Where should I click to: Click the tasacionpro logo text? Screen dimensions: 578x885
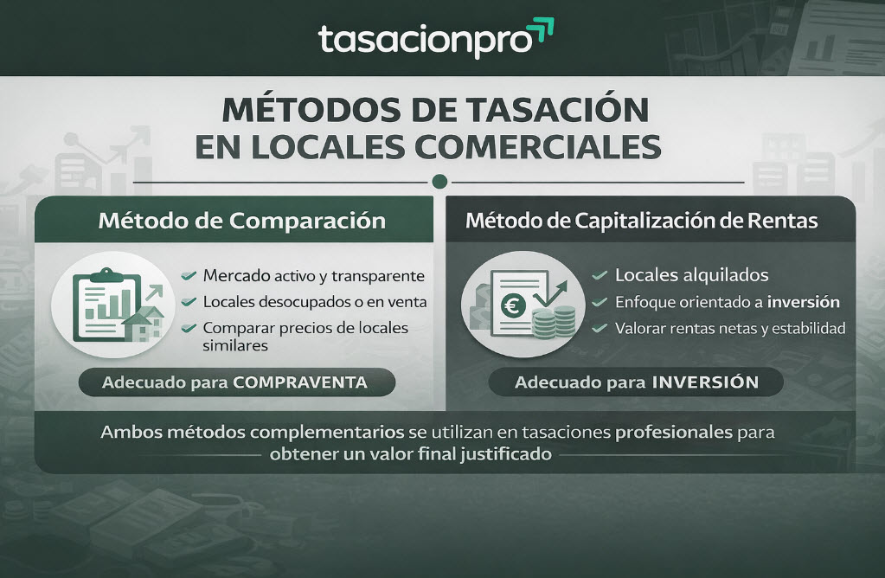(424, 41)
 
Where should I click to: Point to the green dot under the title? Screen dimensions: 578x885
(439, 182)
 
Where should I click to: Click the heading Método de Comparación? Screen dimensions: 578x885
(241, 220)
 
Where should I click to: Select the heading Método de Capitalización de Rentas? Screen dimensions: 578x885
(641, 220)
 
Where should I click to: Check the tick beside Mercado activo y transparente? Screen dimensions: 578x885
(188, 277)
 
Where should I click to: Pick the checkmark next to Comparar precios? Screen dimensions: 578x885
(188, 329)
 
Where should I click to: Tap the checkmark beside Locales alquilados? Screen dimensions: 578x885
(599, 276)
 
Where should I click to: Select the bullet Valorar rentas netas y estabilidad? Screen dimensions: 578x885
(729, 329)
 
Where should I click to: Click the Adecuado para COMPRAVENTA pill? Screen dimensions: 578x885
(235, 382)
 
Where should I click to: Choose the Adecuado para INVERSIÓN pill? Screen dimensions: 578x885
(636, 382)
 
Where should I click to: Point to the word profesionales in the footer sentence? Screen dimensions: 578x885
(676, 430)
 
